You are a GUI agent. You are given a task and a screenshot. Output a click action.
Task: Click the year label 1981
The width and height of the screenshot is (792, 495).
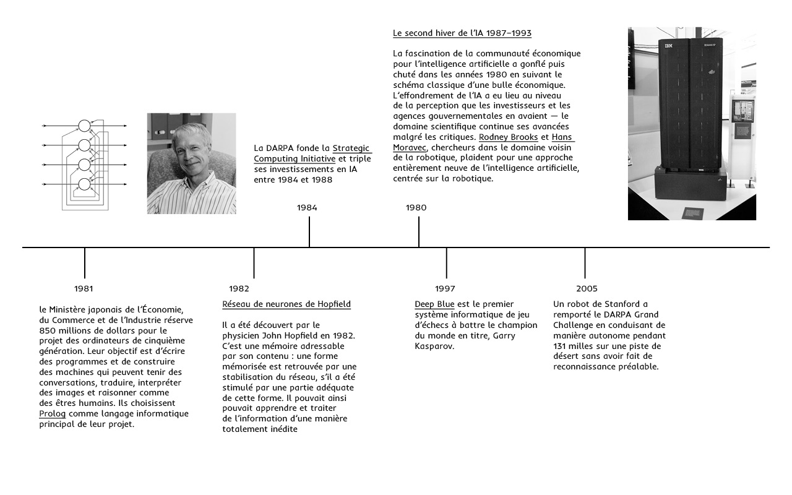[84, 288]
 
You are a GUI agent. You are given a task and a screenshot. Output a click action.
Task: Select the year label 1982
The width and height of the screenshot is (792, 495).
[239, 288]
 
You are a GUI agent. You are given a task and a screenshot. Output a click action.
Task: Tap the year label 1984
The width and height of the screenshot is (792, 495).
[307, 207]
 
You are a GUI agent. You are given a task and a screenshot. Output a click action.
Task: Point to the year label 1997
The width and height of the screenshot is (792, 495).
[445, 288]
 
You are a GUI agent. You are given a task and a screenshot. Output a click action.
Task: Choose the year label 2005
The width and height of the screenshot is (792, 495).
[587, 288]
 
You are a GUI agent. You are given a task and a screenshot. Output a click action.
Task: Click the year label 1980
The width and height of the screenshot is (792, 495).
[416, 207]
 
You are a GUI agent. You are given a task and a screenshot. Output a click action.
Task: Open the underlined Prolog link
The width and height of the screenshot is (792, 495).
[52, 413]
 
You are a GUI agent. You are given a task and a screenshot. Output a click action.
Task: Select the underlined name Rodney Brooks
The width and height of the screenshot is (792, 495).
[509, 137]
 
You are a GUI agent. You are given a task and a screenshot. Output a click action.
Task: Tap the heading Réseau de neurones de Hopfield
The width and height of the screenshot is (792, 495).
[286, 304]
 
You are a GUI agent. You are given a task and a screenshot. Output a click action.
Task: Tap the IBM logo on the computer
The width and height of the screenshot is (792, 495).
[668, 46]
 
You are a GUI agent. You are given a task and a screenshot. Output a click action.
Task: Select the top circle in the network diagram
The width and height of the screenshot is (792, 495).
[85, 126]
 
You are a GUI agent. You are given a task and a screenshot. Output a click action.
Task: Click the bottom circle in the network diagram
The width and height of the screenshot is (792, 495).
[85, 184]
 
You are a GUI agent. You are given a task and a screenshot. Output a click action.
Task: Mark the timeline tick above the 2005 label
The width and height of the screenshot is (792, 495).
[585, 262]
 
